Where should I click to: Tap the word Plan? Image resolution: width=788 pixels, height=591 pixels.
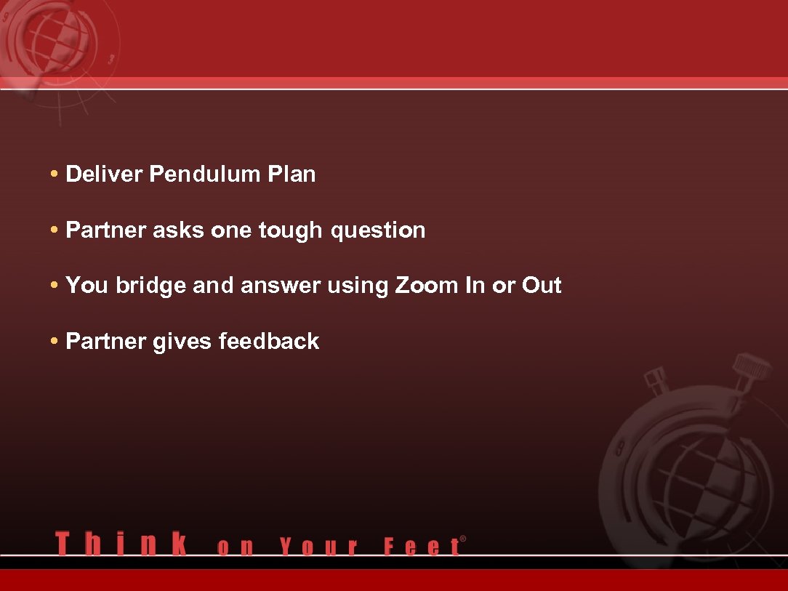(x=292, y=174)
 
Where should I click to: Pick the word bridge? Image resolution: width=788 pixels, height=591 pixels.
(x=150, y=286)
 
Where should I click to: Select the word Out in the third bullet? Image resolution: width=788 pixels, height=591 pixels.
(x=542, y=286)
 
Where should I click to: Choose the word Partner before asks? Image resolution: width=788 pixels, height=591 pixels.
(x=106, y=230)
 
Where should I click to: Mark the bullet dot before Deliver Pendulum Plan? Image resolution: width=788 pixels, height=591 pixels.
(x=55, y=175)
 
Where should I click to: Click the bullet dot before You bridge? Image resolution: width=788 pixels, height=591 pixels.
(x=55, y=286)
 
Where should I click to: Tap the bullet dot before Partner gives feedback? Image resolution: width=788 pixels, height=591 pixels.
(x=55, y=342)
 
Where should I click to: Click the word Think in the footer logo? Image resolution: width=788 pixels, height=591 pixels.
(x=121, y=544)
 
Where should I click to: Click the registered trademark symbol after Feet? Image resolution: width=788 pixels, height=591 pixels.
(x=463, y=539)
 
